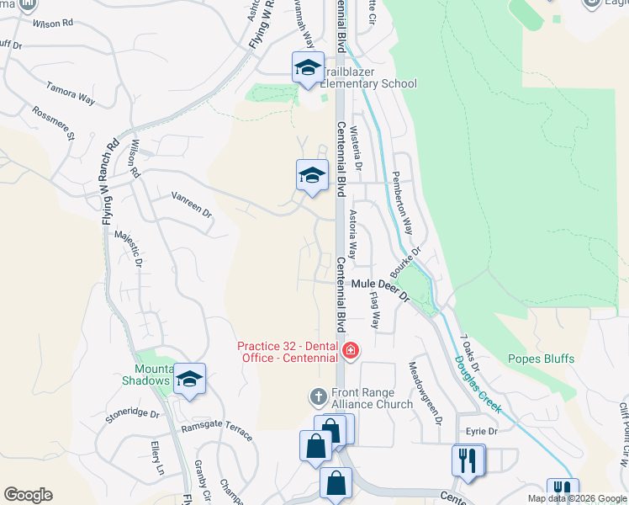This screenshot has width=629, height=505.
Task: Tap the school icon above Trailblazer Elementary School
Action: [308, 67]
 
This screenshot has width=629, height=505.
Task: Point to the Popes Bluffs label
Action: [541, 359]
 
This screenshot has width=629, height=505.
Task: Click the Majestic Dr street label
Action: [129, 249]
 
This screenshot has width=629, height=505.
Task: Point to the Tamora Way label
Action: [71, 93]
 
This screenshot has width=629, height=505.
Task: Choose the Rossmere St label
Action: [53, 123]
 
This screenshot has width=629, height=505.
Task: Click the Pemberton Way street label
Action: [403, 204]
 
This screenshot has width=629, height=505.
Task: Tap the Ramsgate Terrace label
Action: [216, 433]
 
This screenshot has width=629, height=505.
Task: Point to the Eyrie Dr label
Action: [482, 432]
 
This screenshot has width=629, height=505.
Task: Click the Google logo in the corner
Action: [28, 495]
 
